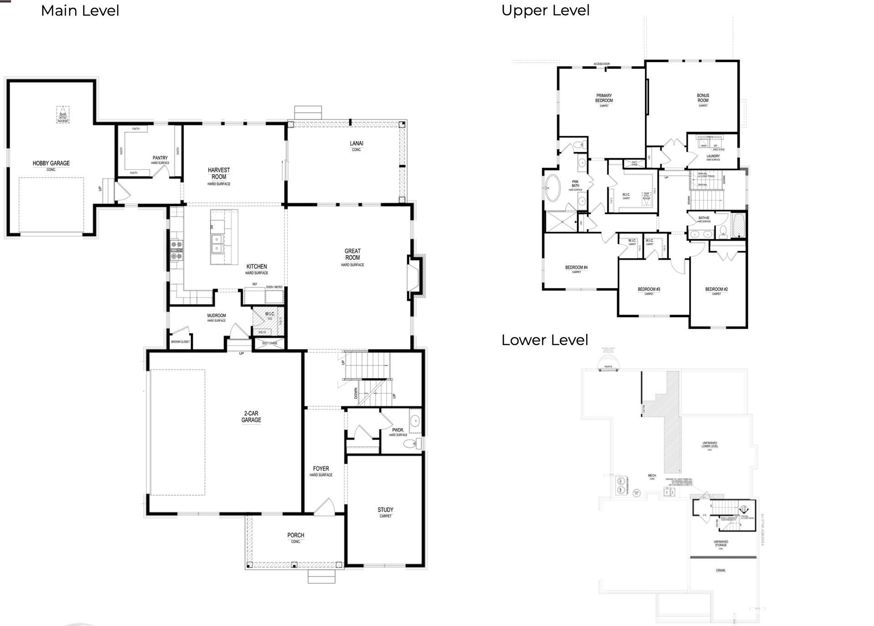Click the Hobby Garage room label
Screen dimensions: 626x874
(x=51, y=163)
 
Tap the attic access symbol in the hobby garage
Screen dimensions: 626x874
(x=63, y=114)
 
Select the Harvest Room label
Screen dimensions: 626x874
(x=219, y=173)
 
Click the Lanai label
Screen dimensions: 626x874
(x=356, y=144)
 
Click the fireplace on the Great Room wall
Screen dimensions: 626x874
(x=415, y=275)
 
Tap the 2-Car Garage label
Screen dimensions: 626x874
(x=251, y=417)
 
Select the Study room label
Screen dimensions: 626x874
(x=385, y=510)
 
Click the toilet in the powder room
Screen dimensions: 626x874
(x=412, y=444)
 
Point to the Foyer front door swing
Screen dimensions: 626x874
(x=325, y=507)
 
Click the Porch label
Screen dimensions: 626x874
(x=296, y=535)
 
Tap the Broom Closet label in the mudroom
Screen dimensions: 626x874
(x=180, y=341)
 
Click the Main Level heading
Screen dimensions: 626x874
(x=80, y=10)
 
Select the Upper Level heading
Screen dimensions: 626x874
(x=545, y=10)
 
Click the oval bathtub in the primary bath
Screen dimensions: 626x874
(x=553, y=187)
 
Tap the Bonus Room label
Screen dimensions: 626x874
(x=703, y=98)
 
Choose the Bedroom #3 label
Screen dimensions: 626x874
(x=649, y=289)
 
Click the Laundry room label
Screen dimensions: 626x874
(x=713, y=156)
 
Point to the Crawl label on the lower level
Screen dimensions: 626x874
(x=721, y=570)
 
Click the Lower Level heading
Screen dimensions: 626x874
(x=545, y=340)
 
